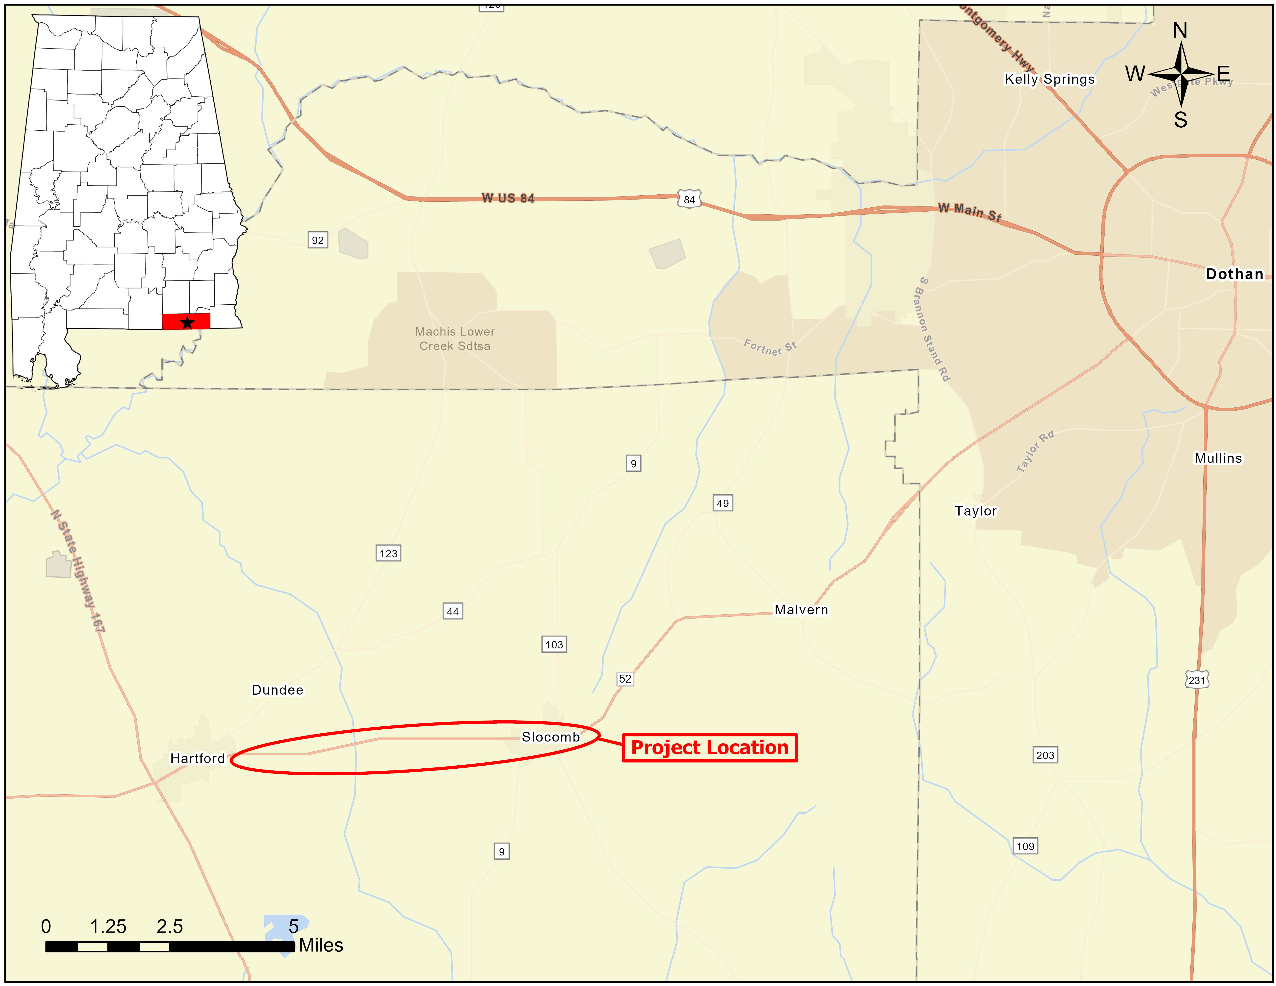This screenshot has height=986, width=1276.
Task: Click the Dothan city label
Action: [x=1234, y=274]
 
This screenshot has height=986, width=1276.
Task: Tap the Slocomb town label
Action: [x=550, y=737]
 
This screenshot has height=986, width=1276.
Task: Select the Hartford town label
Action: [x=197, y=758]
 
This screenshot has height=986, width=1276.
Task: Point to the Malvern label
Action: [x=801, y=610]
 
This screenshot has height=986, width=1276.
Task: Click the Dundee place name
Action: [x=277, y=690]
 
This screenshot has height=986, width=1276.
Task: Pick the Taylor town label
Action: [x=976, y=511]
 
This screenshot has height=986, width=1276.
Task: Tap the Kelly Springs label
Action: [x=1049, y=79]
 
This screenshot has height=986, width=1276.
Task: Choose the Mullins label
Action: [x=1218, y=458]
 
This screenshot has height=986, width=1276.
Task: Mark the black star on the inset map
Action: [x=187, y=322]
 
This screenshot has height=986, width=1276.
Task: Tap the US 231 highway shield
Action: [x=1197, y=680]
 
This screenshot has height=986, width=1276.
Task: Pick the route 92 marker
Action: [x=317, y=240]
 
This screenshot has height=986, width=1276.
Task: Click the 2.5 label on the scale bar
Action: [x=169, y=926]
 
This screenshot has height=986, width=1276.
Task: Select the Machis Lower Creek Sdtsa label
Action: [x=454, y=339]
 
